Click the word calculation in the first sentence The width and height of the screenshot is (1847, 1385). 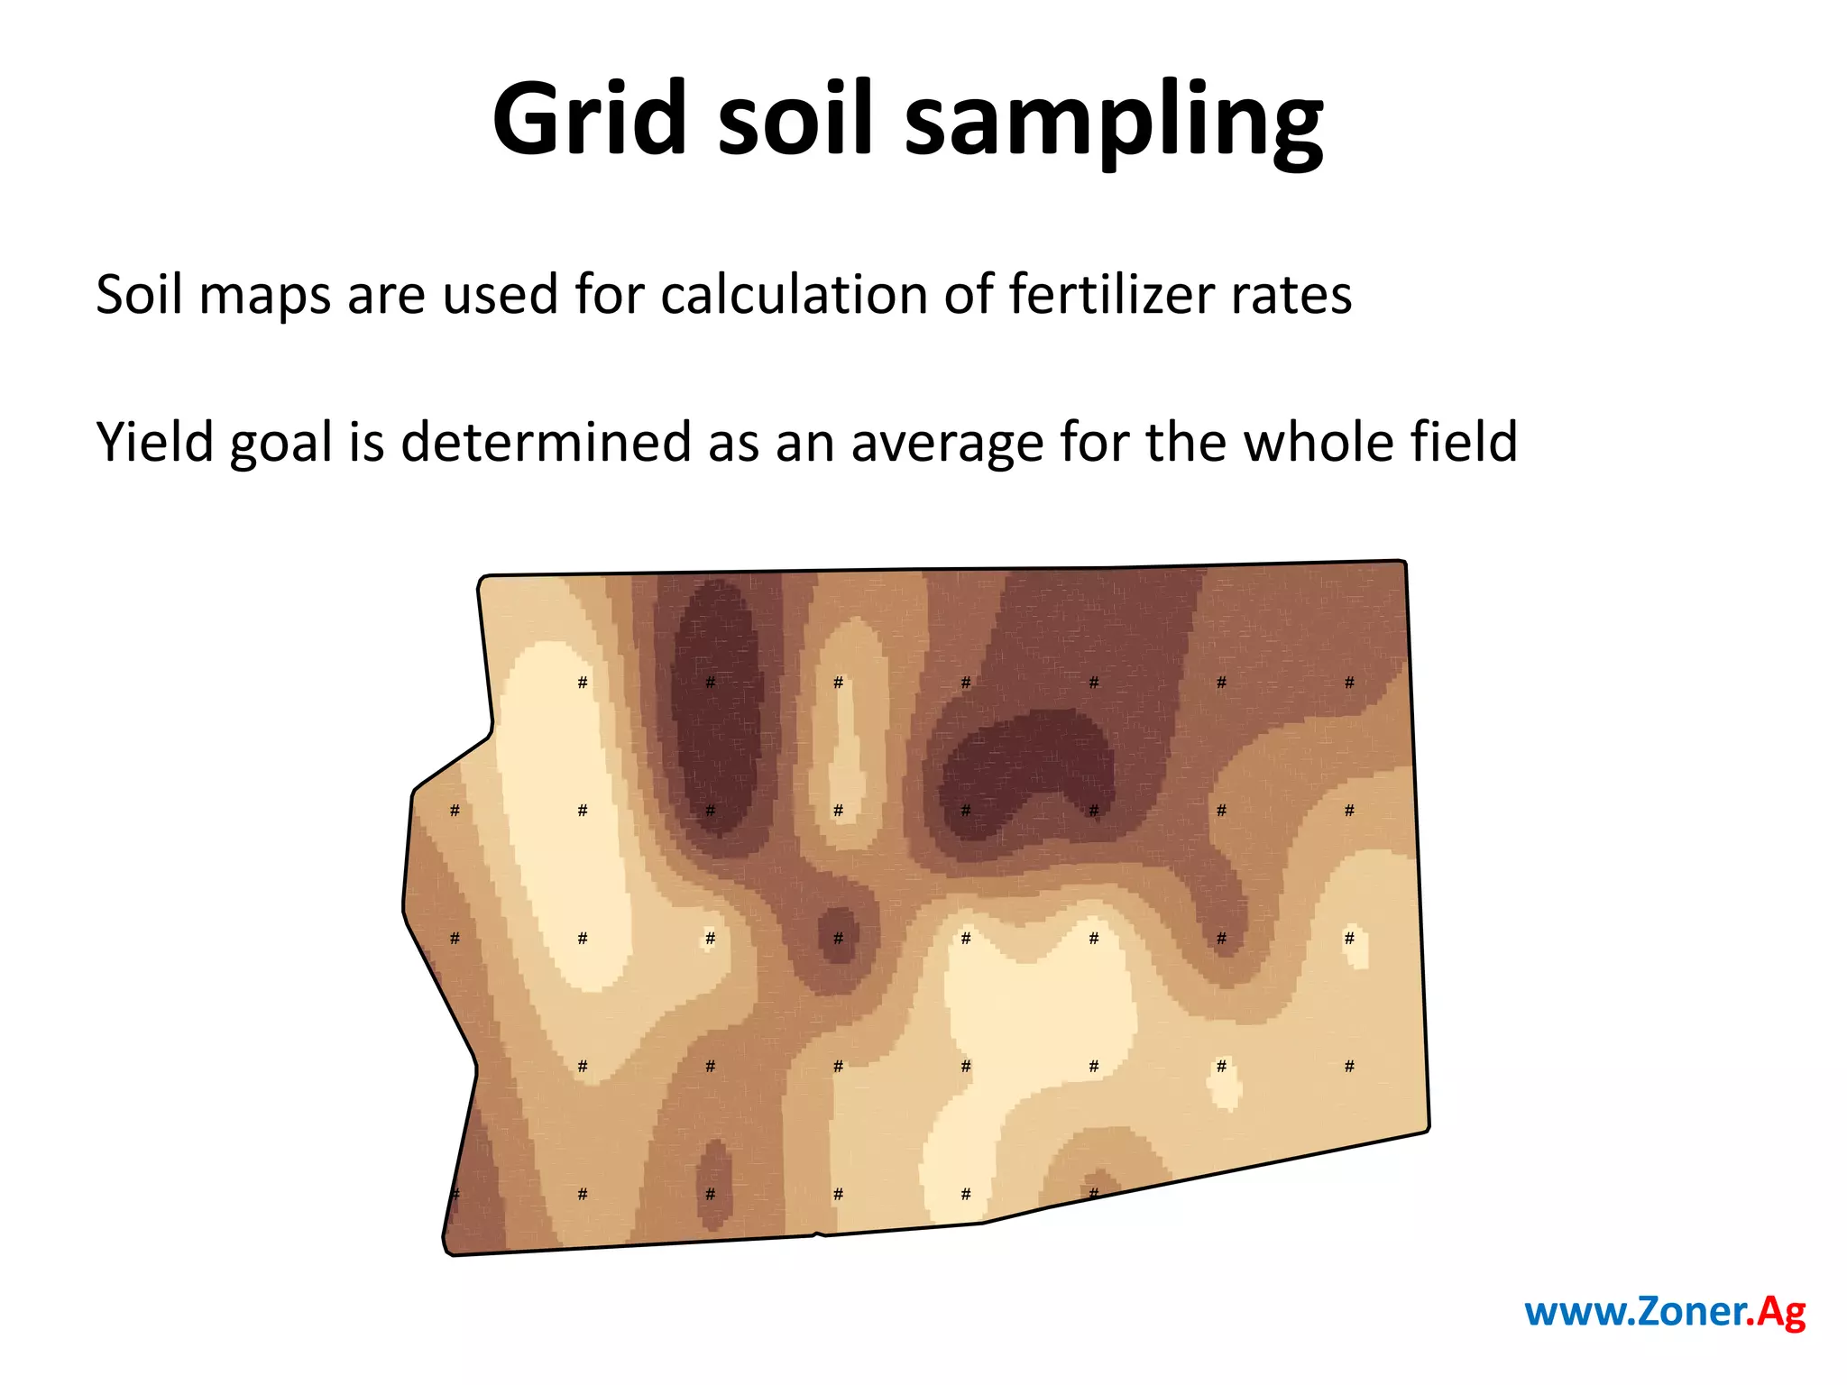point(794,294)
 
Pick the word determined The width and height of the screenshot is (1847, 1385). point(546,442)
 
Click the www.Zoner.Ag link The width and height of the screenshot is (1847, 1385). point(1665,1311)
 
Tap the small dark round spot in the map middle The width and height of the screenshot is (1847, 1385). point(839,935)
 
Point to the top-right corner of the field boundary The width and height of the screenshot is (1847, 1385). point(1404,562)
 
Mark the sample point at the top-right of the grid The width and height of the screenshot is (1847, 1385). point(1349,683)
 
